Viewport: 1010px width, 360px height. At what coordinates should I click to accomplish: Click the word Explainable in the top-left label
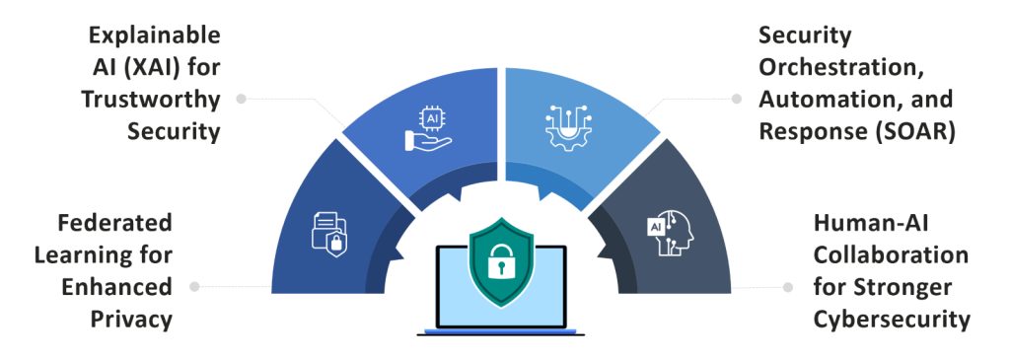(154, 36)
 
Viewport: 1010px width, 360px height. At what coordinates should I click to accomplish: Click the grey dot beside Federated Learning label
(194, 286)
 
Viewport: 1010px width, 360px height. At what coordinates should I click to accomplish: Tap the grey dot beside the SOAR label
(735, 99)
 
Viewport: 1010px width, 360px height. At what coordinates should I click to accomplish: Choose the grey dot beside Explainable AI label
(242, 99)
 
